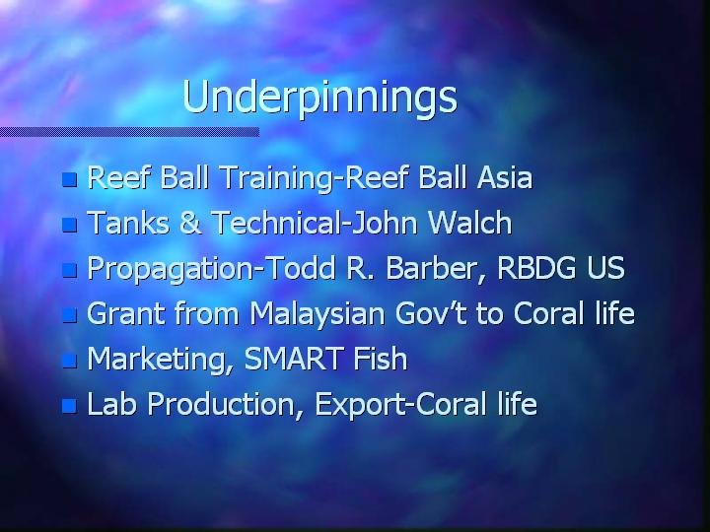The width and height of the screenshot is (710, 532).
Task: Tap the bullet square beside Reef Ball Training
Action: [69, 179]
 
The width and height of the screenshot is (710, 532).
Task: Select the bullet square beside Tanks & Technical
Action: [69, 225]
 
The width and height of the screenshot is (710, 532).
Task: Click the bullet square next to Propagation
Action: [69, 270]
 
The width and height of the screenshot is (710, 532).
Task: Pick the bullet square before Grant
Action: [69, 315]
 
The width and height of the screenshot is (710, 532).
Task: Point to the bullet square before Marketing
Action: [69, 361]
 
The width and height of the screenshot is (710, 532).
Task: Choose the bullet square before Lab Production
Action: [69, 406]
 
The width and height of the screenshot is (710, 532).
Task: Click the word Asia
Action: [505, 177]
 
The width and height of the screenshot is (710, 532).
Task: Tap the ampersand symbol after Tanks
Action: [190, 223]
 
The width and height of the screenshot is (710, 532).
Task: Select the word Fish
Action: [381, 359]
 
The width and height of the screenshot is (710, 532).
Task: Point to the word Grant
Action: [126, 312]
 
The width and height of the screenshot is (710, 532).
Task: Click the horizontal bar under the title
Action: [129, 132]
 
